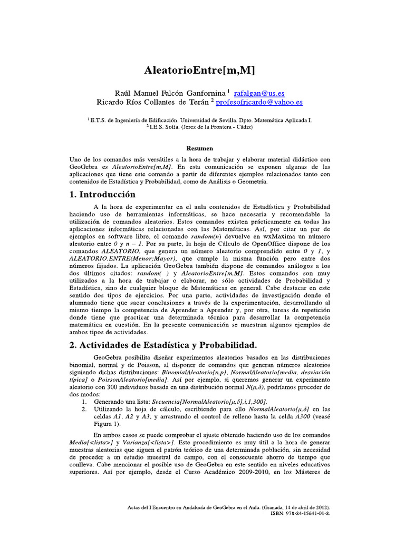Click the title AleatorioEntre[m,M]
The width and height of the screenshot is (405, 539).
pos(202,70)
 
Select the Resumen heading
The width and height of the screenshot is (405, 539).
pos(202,149)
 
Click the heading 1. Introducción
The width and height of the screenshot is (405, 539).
pos(102,194)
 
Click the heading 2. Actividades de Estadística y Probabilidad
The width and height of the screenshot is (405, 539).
pos(156,345)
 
